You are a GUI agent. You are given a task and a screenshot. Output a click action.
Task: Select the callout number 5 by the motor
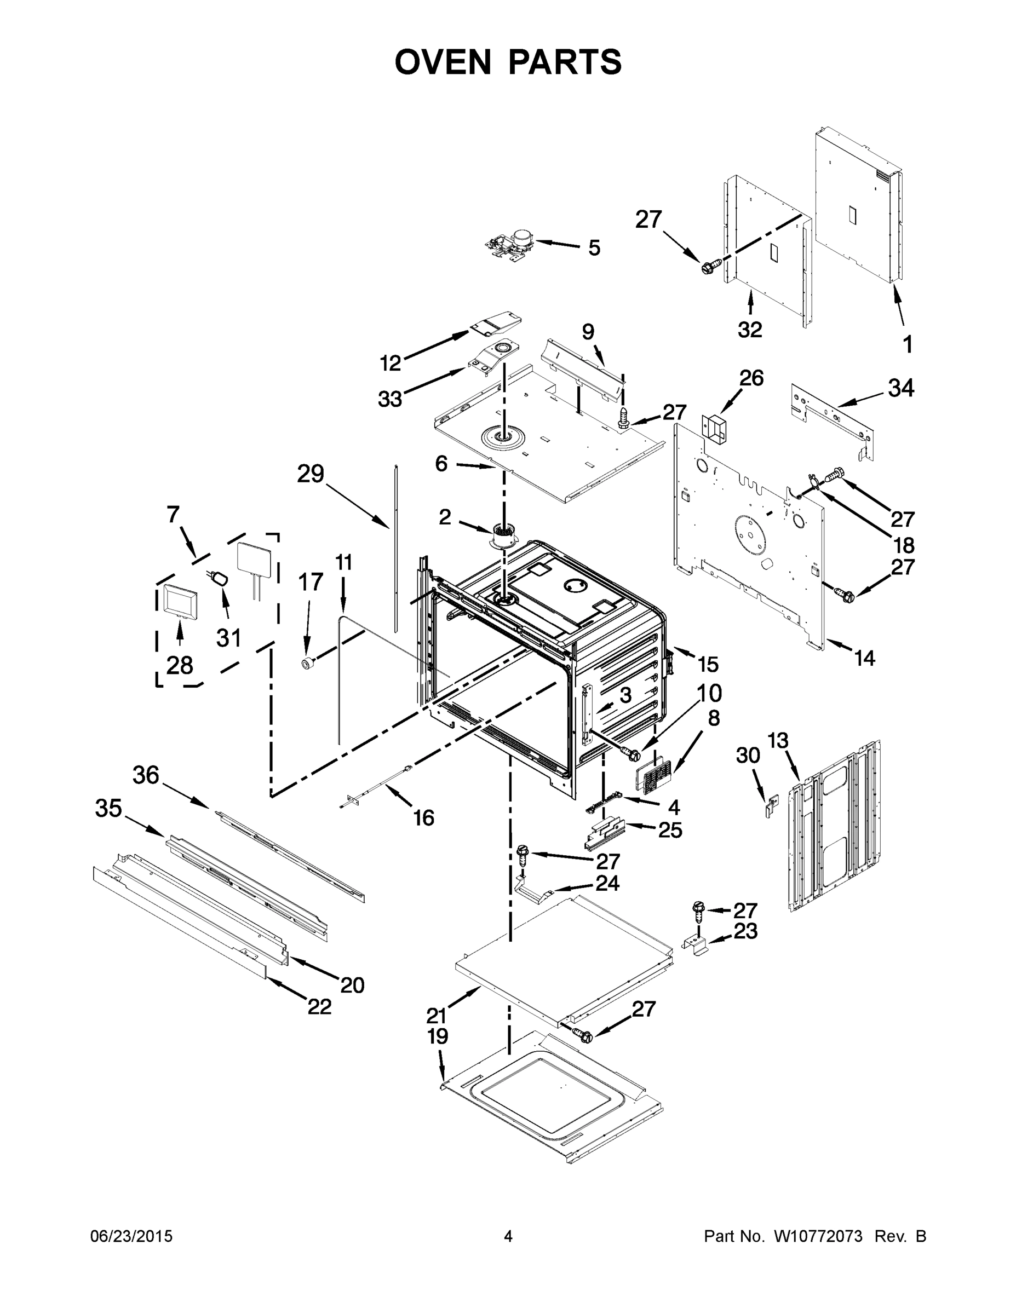click(x=594, y=248)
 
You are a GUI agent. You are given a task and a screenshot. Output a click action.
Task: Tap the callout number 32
click(x=750, y=329)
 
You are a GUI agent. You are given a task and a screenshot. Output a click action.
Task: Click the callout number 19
click(x=438, y=1036)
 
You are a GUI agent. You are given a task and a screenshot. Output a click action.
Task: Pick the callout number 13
click(x=778, y=741)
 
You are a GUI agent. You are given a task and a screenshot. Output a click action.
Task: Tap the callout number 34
click(x=901, y=388)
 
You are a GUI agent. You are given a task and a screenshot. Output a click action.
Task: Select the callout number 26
click(x=751, y=378)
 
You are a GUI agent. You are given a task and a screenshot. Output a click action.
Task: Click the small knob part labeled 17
click(x=309, y=663)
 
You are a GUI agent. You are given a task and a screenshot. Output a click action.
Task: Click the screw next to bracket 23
click(x=698, y=912)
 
